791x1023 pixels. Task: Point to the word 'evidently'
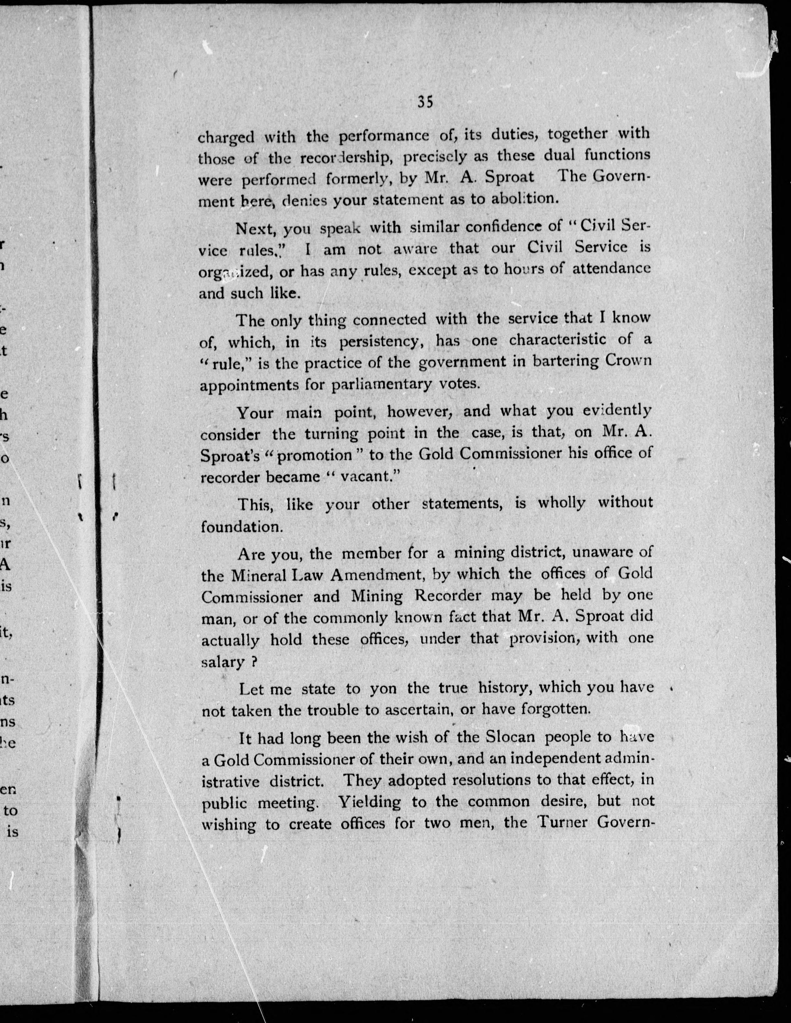point(613,411)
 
